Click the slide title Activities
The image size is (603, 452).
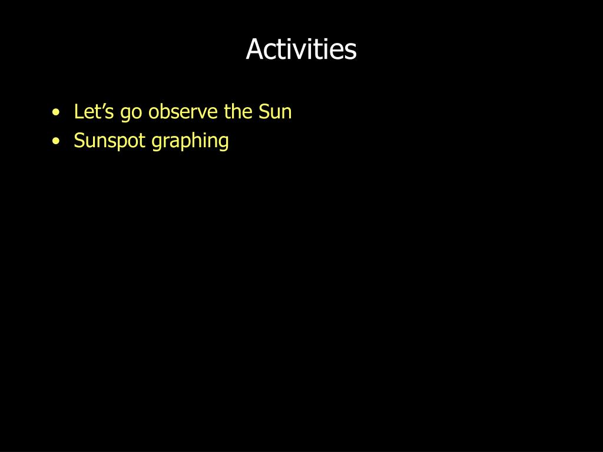click(301, 49)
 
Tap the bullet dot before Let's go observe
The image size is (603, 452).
click(56, 112)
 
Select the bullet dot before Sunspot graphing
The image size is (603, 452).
click(56, 141)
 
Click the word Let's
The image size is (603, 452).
click(94, 111)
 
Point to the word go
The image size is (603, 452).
click(131, 114)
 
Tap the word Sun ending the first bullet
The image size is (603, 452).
click(275, 111)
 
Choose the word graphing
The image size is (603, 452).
click(190, 141)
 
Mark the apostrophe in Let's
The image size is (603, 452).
click(101, 106)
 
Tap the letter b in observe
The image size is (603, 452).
click(165, 111)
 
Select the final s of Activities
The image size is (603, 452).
click(350, 52)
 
